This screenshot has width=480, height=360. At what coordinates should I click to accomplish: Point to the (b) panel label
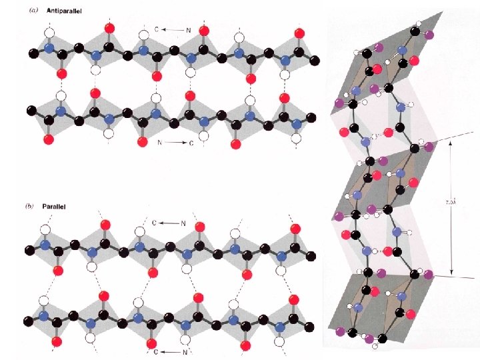click(29, 207)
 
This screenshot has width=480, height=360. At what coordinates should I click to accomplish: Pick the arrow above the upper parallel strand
click(169, 223)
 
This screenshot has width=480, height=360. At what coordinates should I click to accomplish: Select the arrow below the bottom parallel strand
click(169, 351)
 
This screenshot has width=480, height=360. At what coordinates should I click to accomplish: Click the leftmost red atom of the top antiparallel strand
click(62, 73)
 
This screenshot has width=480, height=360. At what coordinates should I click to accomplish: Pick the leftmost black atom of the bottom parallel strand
click(29, 324)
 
